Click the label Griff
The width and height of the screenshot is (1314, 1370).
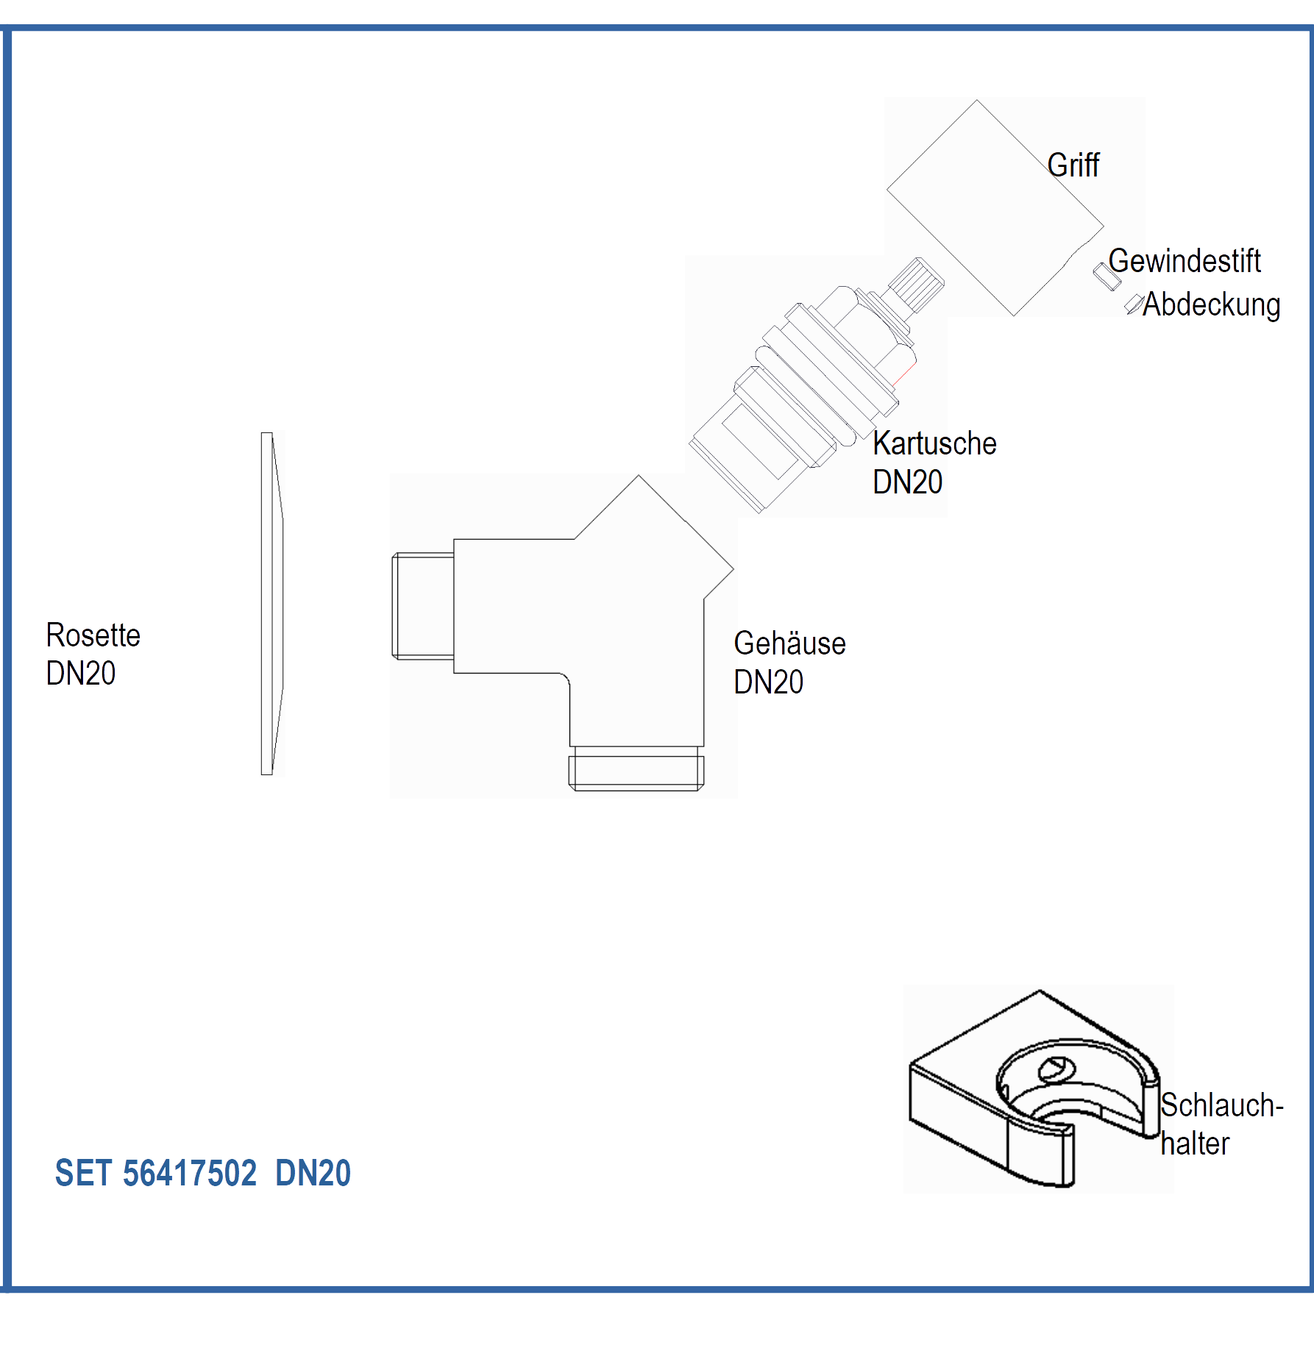click(1073, 165)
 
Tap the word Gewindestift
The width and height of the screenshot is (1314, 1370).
click(1185, 261)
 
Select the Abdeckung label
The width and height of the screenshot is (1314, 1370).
click(1211, 304)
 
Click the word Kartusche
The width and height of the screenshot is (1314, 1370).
click(934, 443)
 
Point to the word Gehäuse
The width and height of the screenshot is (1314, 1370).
click(789, 643)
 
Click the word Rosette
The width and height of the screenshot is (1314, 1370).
click(93, 635)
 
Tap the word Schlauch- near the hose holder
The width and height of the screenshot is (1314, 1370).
click(1221, 1105)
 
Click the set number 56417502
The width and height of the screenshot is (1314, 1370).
click(190, 1173)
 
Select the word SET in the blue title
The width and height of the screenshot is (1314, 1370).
click(83, 1173)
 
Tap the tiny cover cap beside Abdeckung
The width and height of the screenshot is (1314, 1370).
click(1134, 303)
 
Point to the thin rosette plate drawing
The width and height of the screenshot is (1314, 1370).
click(271, 603)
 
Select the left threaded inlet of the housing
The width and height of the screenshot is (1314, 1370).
click(423, 605)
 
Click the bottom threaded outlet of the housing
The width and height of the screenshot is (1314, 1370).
click(636, 768)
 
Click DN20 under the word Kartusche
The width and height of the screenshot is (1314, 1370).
click(907, 482)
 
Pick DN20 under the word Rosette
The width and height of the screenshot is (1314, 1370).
click(81, 674)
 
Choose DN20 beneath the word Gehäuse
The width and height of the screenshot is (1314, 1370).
click(768, 682)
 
